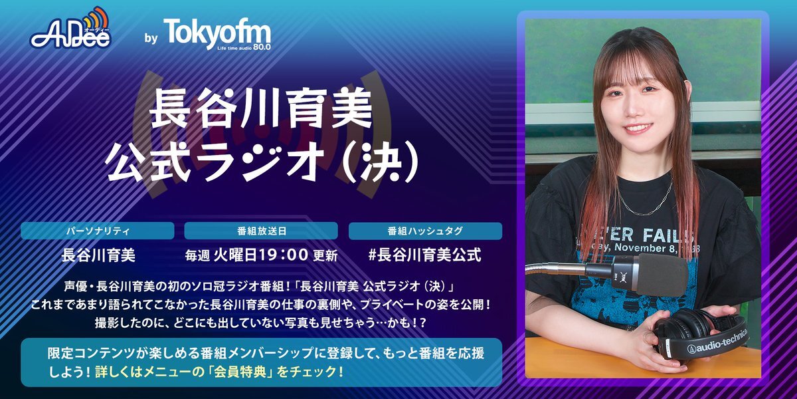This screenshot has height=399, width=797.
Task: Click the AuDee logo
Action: point(70,29)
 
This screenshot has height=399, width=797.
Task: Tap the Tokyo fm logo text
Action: point(217,33)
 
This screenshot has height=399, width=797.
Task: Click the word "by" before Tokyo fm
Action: point(151,38)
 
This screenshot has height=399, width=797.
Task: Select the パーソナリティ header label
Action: point(98,231)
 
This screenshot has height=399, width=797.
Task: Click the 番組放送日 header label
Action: point(262,231)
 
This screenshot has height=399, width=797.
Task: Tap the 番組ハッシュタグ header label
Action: point(425,231)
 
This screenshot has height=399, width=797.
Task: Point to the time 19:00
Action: point(284,255)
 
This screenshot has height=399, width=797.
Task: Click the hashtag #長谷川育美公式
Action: point(425,255)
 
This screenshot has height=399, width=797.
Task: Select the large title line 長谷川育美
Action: point(261,108)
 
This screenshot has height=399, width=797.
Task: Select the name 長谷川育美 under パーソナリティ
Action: point(98,255)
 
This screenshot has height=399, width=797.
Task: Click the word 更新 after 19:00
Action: point(325,255)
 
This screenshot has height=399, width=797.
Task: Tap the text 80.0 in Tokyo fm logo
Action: point(262,47)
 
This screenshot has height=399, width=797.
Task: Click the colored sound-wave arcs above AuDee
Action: point(96,18)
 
